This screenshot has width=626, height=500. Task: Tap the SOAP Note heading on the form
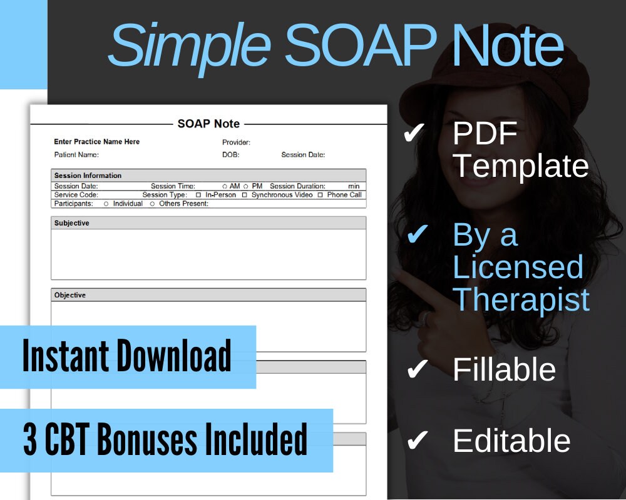point(208,124)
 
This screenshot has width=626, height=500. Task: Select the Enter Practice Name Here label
point(97,142)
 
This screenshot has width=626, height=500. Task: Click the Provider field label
point(236,142)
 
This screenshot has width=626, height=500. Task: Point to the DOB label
point(230,155)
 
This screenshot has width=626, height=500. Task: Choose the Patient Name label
point(76,155)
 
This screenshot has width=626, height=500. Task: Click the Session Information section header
point(88,176)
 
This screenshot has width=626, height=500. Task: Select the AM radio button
point(225,186)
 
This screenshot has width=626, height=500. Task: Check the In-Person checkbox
point(198,195)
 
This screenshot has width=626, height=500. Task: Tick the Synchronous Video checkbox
point(245,195)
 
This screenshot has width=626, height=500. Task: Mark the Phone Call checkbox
point(320,195)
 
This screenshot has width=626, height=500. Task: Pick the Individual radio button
point(106,204)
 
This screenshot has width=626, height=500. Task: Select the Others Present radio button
point(152,204)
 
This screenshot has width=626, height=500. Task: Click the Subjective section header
point(72,223)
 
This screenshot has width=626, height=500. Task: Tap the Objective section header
point(70,295)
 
